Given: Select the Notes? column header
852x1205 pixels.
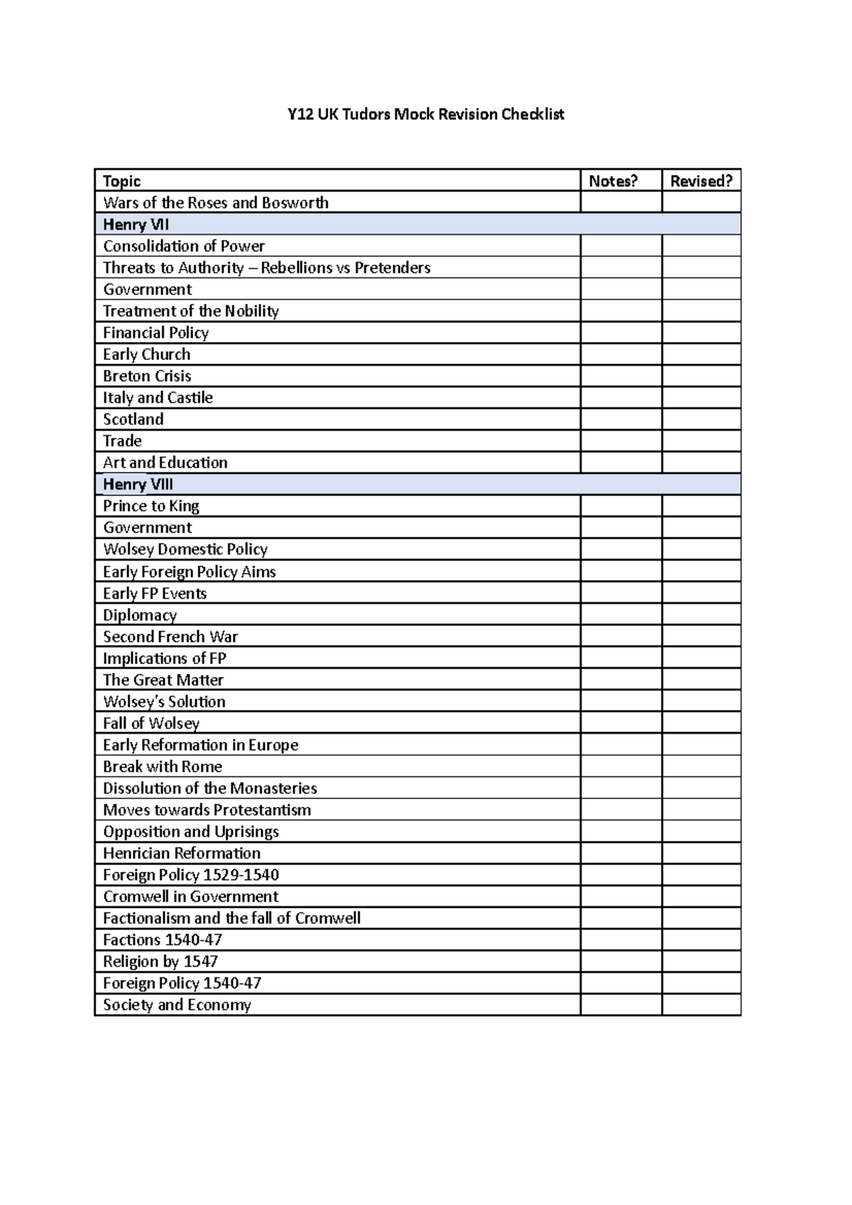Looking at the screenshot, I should click(x=613, y=181).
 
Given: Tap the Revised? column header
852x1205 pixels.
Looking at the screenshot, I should click(x=701, y=181).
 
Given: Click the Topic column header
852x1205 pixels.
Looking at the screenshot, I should click(x=121, y=181).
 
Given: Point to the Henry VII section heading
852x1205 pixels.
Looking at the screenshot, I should click(x=136, y=224).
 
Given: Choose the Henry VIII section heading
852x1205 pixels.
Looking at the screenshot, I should click(x=138, y=484).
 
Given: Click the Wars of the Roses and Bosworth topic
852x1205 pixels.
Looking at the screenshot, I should click(x=215, y=202).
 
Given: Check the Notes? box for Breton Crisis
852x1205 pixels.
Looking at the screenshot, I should click(x=621, y=375).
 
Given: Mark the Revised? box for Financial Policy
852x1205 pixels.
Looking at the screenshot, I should click(x=701, y=332).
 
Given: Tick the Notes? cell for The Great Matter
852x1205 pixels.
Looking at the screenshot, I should click(x=621, y=679).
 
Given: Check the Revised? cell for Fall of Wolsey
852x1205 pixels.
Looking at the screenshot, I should click(x=701, y=722).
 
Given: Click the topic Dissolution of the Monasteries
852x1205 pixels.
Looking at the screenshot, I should click(x=209, y=788).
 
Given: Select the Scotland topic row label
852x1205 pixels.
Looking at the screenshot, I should click(x=133, y=419).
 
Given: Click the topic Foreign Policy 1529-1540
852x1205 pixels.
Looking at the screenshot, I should click(x=190, y=874).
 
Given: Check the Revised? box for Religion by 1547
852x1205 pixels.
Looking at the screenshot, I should click(x=701, y=961).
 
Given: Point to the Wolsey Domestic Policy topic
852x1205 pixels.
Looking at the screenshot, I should click(x=185, y=549).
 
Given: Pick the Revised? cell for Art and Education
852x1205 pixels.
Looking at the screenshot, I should click(x=701, y=462).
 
